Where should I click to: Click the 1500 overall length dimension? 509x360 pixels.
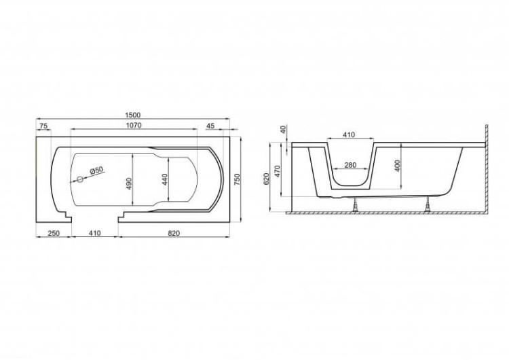[x=132, y=115]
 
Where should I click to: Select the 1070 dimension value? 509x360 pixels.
[x=134, y=125]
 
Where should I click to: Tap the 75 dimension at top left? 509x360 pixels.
[x=43, y=126]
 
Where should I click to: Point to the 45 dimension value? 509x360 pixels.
[x=210, y=126]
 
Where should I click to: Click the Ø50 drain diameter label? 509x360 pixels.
[x=96, y=170]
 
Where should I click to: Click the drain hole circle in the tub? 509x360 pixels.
[x=79, y=179]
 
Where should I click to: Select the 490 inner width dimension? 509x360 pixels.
[x=129, y=183]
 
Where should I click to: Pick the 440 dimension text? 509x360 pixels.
[x=165, y=179]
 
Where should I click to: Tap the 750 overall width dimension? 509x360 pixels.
[x=237, y=179]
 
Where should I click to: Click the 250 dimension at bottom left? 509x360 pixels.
[x=54, y=233]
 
